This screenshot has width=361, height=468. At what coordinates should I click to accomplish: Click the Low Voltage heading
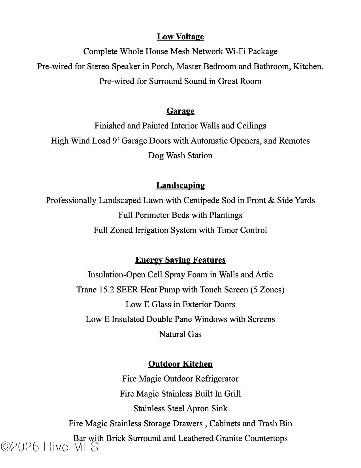click(x=180, y=37)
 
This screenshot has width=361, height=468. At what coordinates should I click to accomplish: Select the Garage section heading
click(x=180, y=111)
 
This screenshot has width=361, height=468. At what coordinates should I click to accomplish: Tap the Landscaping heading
click(x=180, y=185)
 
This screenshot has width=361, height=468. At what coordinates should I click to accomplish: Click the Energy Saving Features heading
click(x=180, y=260)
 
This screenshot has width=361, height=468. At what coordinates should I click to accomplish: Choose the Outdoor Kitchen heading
click(x=180, y=364)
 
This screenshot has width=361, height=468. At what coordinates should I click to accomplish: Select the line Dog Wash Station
click(x=180, y=155)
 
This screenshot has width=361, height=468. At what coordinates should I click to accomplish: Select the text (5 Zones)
click(x=267, y=290)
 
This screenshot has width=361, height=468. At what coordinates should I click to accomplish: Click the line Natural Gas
click(x=180, y=334)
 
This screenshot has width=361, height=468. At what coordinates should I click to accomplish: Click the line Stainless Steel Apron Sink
click(x=180, y=408)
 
